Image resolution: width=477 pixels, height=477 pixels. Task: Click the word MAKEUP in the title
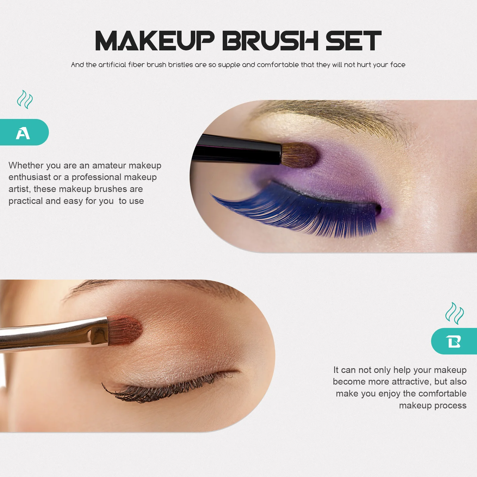pyautogui.click(x=154, y=41)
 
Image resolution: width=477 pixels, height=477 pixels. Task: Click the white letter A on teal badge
pyautogui.click(x=23, y=133)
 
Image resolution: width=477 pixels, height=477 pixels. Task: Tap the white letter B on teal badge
pyautogui.click(x=453, y=341)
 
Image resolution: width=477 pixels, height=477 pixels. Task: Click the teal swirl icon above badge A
pyautogui.click(x=25, y=100)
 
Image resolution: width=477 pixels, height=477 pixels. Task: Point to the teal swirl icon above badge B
pyautogui.click(x=454, y=313)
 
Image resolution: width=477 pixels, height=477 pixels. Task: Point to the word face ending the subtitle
pyautogui.click(x=398, y=65)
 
